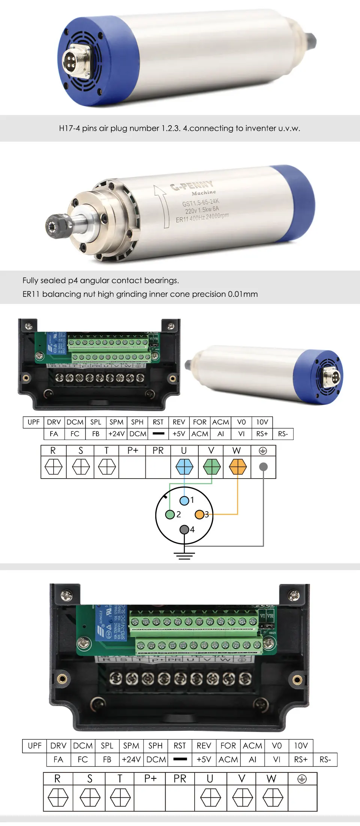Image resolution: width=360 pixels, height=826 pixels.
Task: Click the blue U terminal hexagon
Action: click(x=184, y=467)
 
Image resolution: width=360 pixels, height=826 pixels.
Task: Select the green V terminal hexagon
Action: click(x=211, y=467)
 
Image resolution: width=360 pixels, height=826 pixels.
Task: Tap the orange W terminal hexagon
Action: click(x=237, y=467)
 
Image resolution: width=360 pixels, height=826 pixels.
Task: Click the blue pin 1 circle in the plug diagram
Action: click(x=184, y=500)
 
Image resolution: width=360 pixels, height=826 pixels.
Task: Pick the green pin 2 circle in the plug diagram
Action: click(x=170, y=515)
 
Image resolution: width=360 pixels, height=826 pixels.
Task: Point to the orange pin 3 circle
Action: click(x=199, y=515)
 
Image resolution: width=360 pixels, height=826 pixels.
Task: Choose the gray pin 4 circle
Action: click(x=184, y=530)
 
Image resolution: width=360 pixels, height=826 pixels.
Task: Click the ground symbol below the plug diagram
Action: click(x=184, y=555)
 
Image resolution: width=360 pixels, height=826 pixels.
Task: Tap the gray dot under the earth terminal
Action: click(x=264, y=467)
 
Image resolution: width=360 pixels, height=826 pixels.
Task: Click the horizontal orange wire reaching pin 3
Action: click(x=221, y=514)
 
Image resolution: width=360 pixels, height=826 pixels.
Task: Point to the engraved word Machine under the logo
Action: click(x=204, y=193)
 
